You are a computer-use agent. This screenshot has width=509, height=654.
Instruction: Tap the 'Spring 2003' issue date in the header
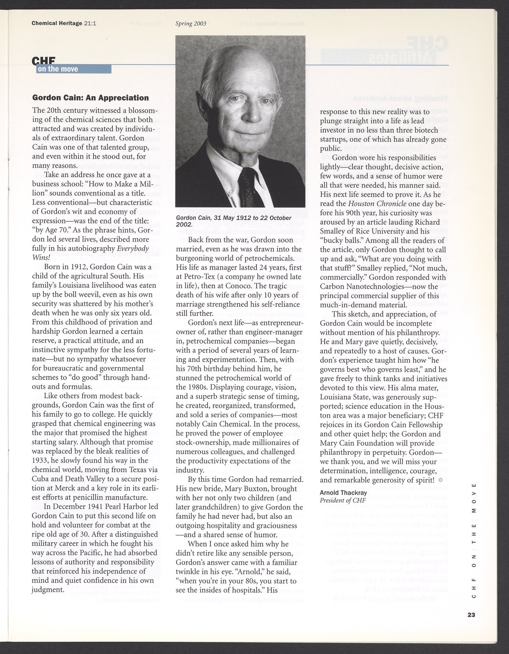click(190, 24)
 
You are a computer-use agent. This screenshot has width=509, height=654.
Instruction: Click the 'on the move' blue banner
click(74, 69)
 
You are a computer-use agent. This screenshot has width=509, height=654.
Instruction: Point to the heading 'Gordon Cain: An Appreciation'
click(91, 98)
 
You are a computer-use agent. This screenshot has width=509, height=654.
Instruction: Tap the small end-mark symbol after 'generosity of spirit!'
click(440, 480)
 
